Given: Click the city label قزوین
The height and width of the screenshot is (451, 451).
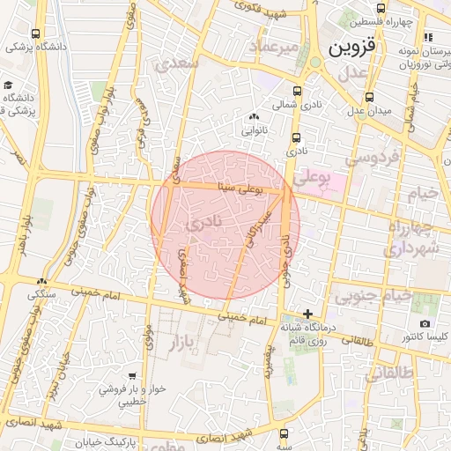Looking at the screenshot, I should pyautogui.click(x=353, y=48).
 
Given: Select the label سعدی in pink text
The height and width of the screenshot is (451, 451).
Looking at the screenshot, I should pyautogui.click(x=176, y=63).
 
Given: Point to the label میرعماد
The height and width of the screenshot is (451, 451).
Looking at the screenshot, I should pyautogui.click(x=277, y=45).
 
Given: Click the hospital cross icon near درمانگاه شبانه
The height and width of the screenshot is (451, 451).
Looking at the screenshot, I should pyautogui.click(x=307, y=314).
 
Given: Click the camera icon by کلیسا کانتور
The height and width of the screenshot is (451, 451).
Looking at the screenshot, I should pyautogui.click(x=425, y=323).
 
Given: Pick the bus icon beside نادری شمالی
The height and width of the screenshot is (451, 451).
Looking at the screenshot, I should pyautogui.click(x=296, y=90).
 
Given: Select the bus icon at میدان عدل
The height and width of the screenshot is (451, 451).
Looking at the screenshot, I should pyautogui.click(x=369, y=97).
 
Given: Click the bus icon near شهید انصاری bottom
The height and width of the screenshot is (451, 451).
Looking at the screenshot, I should pyautogui.click(x=284, y=434).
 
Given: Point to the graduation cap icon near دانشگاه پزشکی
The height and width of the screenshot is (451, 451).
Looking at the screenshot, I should pyautogui.click(x=8, y=85).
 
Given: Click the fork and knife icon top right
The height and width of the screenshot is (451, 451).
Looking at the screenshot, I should pyautogui.click(x=428, y=38).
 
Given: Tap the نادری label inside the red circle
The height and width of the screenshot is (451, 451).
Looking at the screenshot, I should pyautogui.click(x=203, y=226).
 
